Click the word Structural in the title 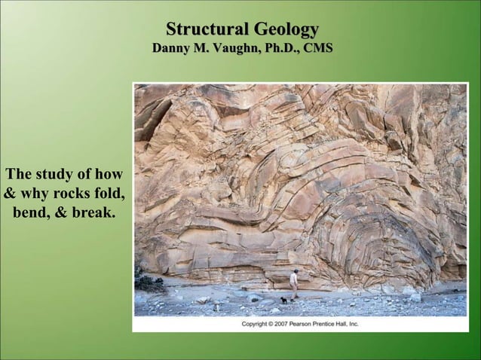coord(207,30)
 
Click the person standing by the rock coord(294,285)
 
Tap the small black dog coord(283,300)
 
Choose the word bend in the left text coord(30,213)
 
